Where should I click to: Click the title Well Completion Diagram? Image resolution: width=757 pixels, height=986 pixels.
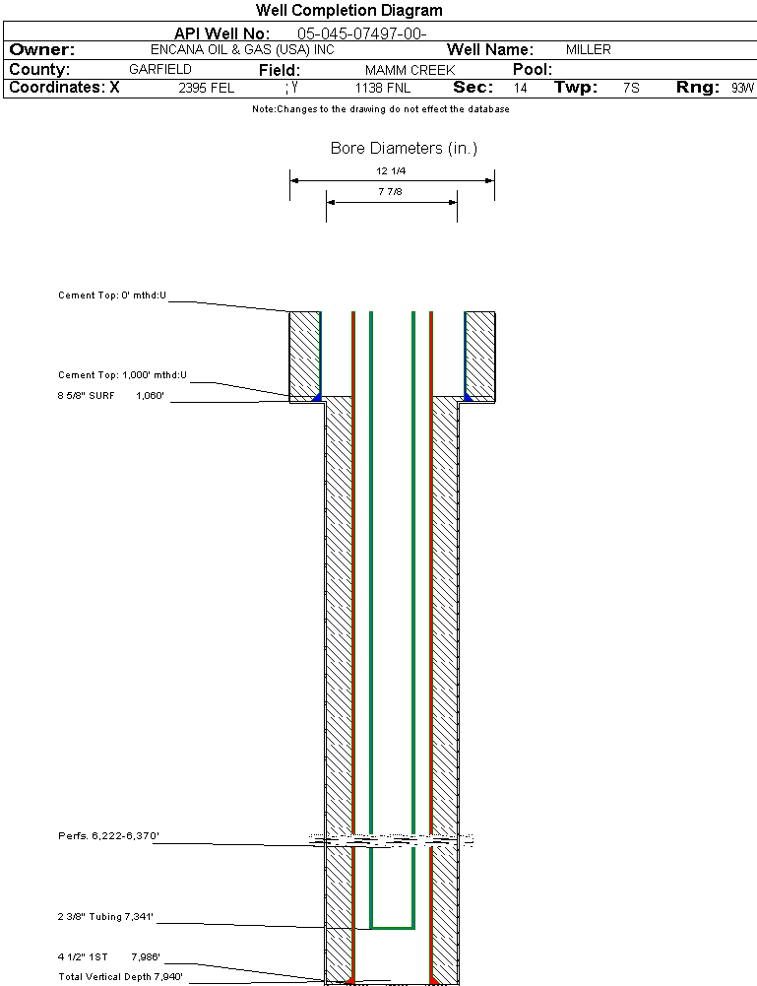348,11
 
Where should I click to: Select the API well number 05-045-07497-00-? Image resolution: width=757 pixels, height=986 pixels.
361,33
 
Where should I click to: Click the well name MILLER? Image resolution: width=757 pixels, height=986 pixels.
588,50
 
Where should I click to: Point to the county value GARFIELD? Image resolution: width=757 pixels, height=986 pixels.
160,70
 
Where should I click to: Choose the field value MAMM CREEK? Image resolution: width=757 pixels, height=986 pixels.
410,71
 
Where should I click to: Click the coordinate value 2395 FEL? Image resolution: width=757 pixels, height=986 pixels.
207,88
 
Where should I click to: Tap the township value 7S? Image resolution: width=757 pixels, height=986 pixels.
631,88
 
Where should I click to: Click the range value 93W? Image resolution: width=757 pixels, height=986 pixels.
741,88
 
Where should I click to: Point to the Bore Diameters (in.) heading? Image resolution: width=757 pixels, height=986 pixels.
404,149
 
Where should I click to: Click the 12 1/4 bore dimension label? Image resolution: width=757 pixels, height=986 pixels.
391,170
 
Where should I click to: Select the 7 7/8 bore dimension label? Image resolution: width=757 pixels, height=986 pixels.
391,191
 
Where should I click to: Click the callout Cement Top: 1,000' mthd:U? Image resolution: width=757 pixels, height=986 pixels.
122,375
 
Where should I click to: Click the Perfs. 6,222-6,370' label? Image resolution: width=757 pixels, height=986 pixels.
108,836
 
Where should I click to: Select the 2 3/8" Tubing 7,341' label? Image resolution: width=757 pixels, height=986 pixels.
106,918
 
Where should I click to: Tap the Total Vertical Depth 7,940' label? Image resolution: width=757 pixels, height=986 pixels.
121,977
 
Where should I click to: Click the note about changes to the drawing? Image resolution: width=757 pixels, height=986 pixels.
380,109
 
